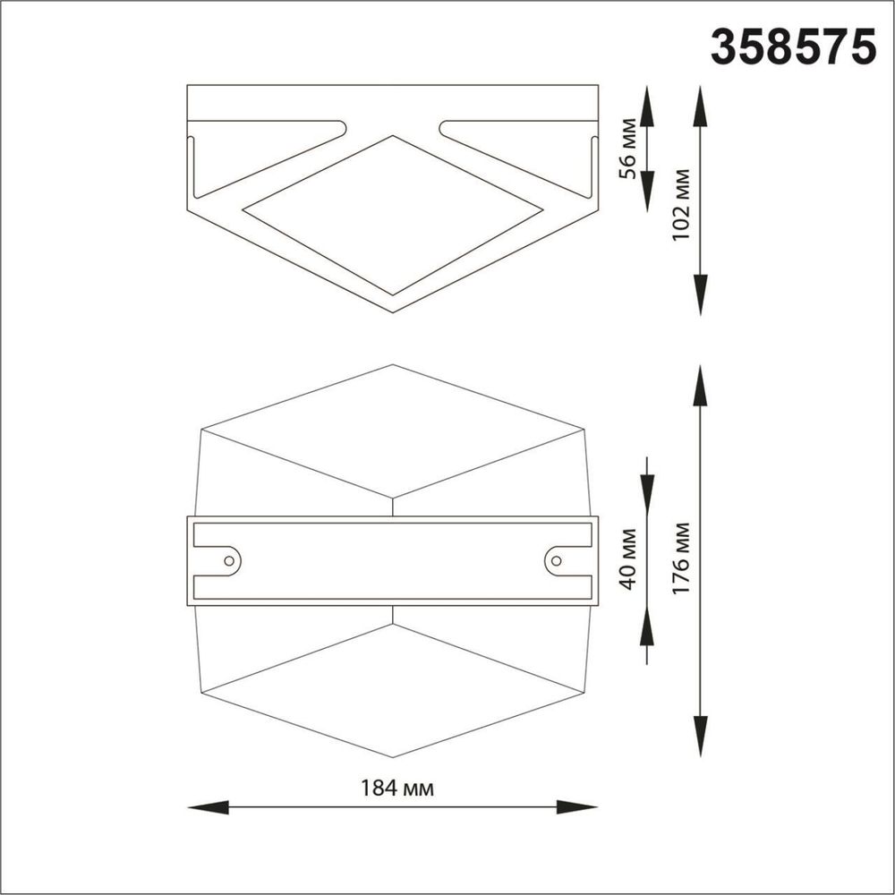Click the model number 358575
[792, 46]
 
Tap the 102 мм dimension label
[682, 200]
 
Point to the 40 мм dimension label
[629, 560]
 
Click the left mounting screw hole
[229, 560]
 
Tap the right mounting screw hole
[557, 560]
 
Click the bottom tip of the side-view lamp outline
[393, 311]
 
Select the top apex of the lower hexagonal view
[393, 365]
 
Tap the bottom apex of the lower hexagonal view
[393, 757]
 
